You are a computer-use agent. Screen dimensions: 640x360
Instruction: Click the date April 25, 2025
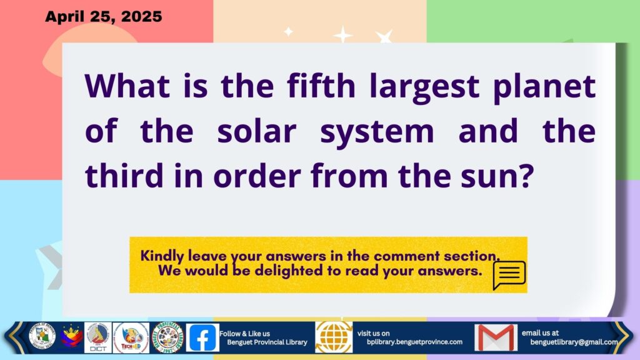tap(104, 17)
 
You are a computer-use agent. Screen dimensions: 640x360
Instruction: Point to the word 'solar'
tap(257, 131)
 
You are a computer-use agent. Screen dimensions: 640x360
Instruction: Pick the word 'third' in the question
tap(124, 175)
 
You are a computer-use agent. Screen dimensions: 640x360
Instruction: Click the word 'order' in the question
tap(257, 175)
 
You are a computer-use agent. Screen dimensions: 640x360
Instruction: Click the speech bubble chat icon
tap(509, 275)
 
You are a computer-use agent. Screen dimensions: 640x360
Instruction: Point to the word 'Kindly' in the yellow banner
tap(162, 256)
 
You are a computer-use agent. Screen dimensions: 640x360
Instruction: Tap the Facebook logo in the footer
tap(202, 337)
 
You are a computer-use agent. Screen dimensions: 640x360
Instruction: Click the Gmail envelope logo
tap(496, 337)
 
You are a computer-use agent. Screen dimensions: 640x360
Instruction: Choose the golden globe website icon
tap(334, 337)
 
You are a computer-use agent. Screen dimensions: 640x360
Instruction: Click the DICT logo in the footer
tap(98, 337)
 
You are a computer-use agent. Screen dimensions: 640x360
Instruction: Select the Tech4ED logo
tap(131, 337)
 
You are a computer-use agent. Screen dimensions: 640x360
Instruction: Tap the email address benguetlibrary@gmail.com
tap(574, 342)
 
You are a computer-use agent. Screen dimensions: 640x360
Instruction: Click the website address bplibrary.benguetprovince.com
tap(415, 342)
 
